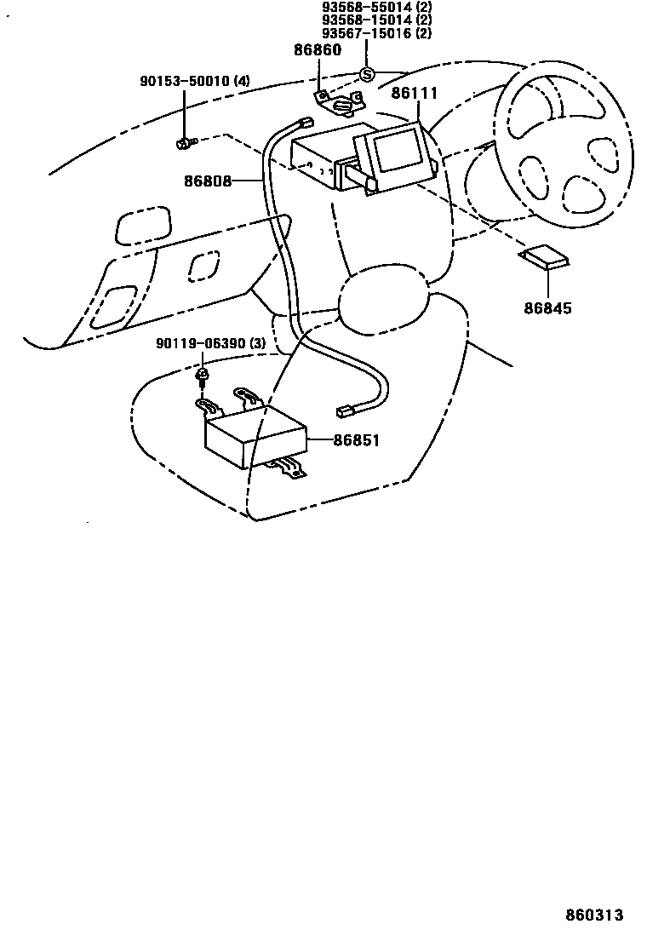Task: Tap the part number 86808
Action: [x=208, y=181]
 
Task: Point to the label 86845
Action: [x=547, y=307]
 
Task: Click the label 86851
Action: [x=355, y=440]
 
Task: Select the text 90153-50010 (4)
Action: [x=195, y=82]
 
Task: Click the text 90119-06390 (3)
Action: [x=211, y=343]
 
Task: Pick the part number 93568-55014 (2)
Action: [x=376, y=7]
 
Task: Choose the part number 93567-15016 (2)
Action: [x=376, y=34]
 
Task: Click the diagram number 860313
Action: [x=595, y=915]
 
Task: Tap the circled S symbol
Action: [x=367, y=74]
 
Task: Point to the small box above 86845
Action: [x=545, y=257]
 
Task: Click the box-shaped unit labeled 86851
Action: [x=255, y=439]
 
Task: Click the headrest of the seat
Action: [x=381, y=294]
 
